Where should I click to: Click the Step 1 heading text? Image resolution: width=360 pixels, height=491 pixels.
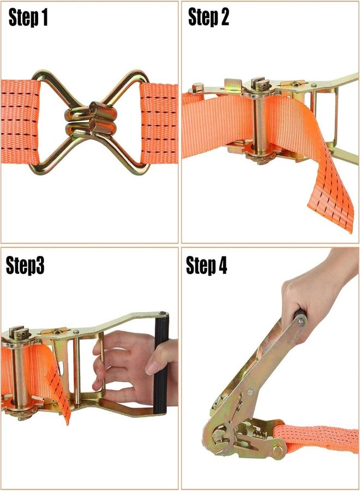click(28, 17)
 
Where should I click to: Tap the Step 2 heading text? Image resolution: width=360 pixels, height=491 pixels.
click(208, 17)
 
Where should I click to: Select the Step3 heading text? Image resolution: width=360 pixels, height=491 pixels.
click(25, 266)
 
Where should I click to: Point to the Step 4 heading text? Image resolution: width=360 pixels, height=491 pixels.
click(206, 266)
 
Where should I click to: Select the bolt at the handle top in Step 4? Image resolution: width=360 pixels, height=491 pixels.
click(302, 321)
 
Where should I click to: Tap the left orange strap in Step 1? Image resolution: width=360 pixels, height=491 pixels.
click(20, 122)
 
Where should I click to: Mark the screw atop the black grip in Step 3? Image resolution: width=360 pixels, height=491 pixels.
click(162, 313)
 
